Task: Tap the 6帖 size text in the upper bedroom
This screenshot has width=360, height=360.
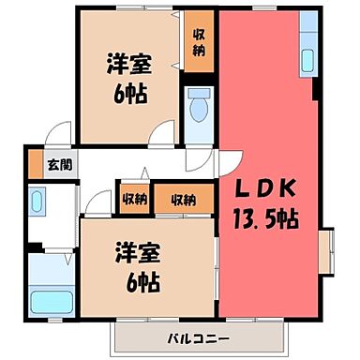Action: [125, 95]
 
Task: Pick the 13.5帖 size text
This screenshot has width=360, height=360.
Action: [266, 221]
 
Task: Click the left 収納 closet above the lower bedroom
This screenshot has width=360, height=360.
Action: [133, 198]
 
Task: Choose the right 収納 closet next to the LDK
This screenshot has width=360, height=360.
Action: [184, 198]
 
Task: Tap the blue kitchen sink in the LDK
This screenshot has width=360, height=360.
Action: [308, 55]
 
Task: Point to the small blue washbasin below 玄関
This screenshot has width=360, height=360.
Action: [37, 202]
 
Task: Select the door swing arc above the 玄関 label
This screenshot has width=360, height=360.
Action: [61, 135]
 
